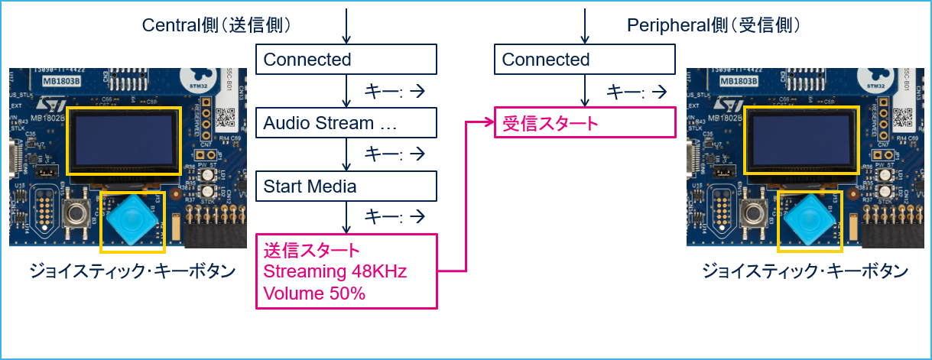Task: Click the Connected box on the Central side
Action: (x=346, y=60)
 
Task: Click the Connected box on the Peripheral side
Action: (x=585, y=60)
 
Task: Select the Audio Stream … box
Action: (x=346, y=123)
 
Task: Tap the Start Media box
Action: (x=346, y=186)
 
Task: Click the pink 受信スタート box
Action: (x=585, y=123)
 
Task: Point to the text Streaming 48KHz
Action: (x=335, y=271)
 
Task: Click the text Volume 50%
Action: (x=314, y=293)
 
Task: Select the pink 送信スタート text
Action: (x=311, y=251)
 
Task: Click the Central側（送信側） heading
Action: (x=216, y=25)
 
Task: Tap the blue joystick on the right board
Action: (x=810, y=219)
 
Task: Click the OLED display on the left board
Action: (x=123, y=140)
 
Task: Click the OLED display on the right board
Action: (x=800, y=140)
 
